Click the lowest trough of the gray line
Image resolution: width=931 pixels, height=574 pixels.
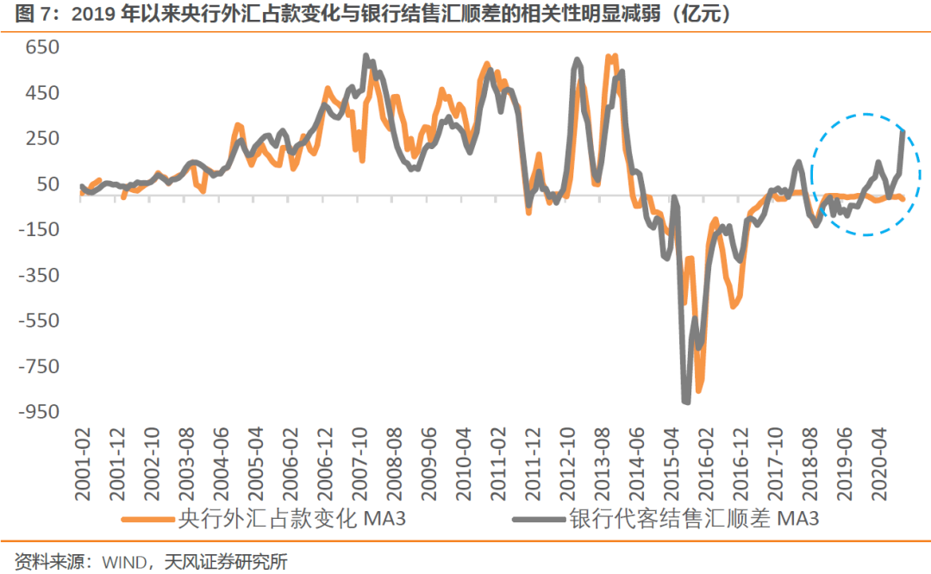pyautogui.click(x=687, y=402)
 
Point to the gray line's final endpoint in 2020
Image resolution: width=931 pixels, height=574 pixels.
pyautogui.click(x=903, y=131)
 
